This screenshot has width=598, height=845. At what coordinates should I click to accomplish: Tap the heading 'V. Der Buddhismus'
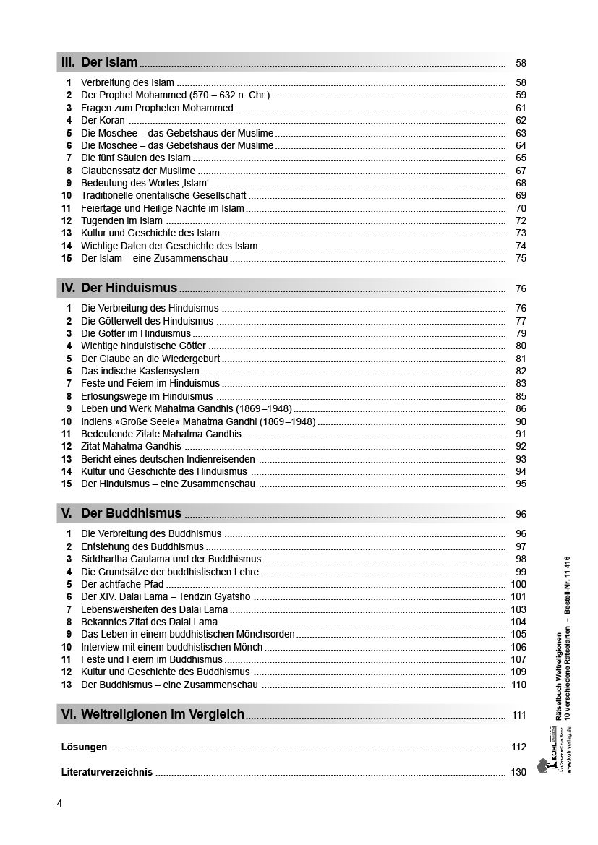[x=121, y=514]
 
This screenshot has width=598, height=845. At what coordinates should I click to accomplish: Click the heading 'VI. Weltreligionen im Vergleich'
[x=153, y=715]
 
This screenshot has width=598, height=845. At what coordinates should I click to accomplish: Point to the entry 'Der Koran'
[x=103, y=121]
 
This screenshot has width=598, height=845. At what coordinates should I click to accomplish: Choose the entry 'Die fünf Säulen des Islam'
[x=136, y=158]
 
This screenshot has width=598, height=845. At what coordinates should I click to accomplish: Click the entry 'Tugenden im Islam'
[x=121, y=220]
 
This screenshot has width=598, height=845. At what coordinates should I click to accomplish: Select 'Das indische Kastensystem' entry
[x=140, y=372]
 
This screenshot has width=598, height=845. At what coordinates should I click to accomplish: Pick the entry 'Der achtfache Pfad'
[x=122, y=585]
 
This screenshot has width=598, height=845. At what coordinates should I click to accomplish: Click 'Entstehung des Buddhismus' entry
[x=142, y=547]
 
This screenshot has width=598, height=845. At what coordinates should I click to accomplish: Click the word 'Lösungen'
[x=85, y=747]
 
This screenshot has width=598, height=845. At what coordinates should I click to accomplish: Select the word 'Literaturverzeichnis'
[x=107, y=772]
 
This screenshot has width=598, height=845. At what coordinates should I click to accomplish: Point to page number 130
[x=518, y=772]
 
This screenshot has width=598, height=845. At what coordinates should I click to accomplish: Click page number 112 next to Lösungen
[x=518, y=747]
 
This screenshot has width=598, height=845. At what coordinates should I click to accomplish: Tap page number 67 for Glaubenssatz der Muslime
[x=521, y=171]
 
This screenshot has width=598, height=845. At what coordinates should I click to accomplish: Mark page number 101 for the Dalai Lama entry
[x=518, y=597]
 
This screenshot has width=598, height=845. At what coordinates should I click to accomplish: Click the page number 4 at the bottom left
[x=59, y=803]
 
